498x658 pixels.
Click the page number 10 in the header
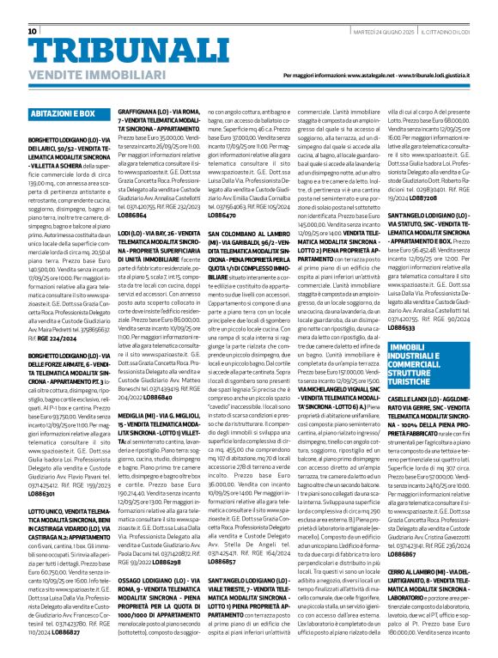pyautogui.click(x=32, y=32)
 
